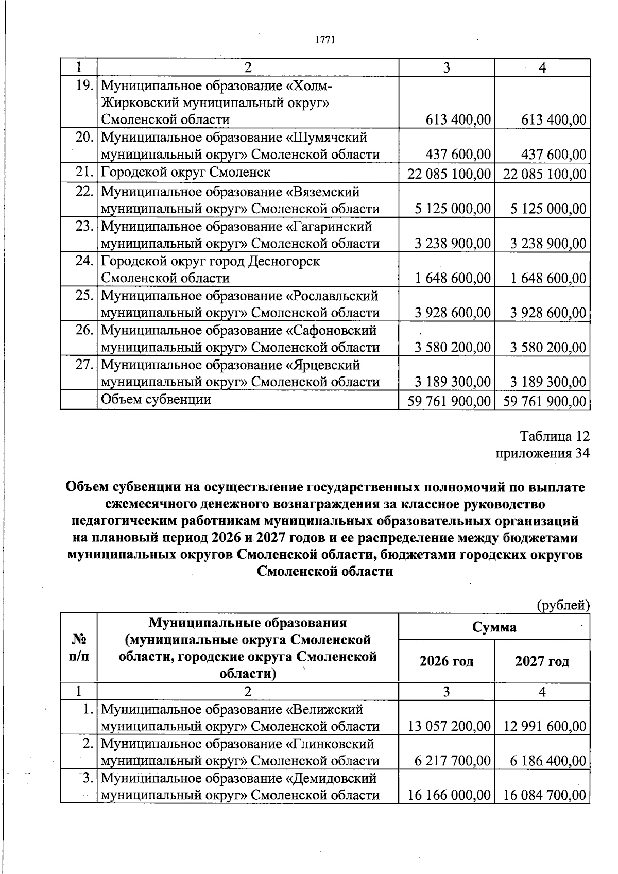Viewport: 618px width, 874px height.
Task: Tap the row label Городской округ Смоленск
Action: (185, 172)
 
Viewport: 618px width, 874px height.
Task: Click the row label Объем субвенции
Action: (156, 399)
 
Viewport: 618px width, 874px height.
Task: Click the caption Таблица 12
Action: (554, 436)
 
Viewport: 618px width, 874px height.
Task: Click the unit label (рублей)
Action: (563, 605)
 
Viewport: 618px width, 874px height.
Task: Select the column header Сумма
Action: (494, 627)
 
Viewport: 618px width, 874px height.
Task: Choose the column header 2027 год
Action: (542, 661)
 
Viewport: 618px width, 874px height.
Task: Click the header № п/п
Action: (79, 648)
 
